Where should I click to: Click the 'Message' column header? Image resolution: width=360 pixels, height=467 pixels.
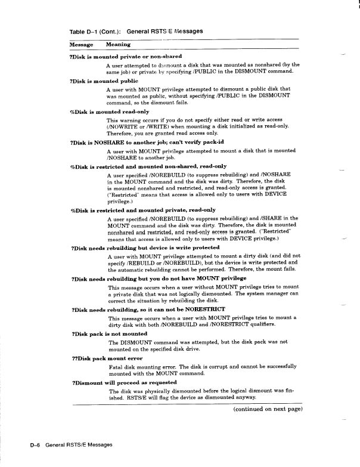(81, 44)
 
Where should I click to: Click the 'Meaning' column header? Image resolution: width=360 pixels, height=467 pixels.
(118, 44)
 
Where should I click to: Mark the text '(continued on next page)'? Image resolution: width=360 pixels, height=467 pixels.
(268, 409)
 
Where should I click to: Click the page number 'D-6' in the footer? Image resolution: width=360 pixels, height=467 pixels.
(35, 445)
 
